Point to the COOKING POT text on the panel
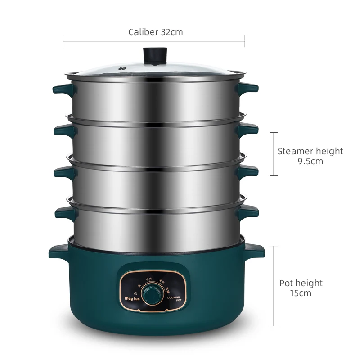click(x=174, y=299)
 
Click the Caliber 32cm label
click(x=155, y=32)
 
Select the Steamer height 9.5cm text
click(x=310, y=156)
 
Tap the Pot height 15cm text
click(x=301, y=288)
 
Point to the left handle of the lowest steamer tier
click(x=63, y=211)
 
